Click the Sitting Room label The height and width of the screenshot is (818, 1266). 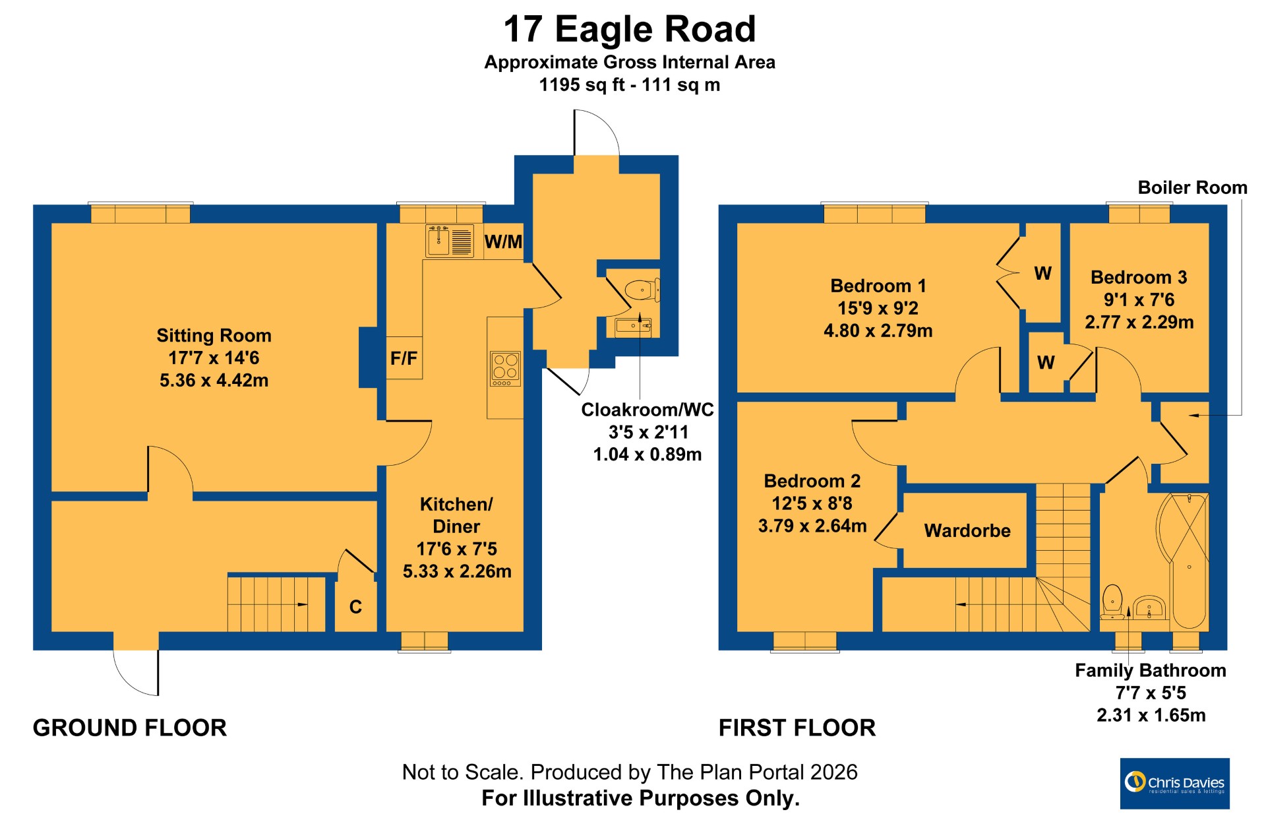pos(214,336)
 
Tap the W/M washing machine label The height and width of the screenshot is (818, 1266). pos(503,242)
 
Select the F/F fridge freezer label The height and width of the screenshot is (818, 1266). pos(404,358)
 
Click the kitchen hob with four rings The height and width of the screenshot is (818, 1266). pos(505,369)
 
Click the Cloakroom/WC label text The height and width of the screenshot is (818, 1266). pos(648,410)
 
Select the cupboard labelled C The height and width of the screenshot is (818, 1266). pos(355,606)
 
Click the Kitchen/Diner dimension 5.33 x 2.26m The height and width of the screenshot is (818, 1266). pos(457,571)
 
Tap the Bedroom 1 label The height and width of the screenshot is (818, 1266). pos(878,286)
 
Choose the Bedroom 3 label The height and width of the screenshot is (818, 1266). pos(1139,277)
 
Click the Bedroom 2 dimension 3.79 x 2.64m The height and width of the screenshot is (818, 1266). pos(812,526)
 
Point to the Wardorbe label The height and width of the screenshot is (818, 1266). pos(967,530)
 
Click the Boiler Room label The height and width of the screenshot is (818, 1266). pos(1193,187)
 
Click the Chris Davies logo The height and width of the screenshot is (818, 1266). pos(1175,784)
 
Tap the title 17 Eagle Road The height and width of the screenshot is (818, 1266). pos(630,29)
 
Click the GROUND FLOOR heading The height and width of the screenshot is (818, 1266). pos(130,728)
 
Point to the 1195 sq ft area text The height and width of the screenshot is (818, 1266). pos(581,84)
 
